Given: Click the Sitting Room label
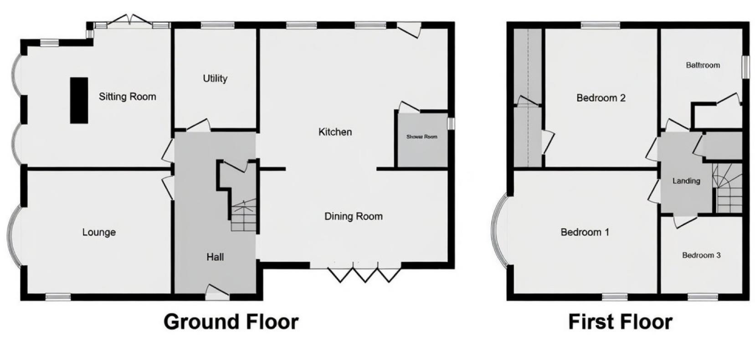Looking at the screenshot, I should point(127,97).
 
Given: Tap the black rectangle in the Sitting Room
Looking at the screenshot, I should point(79,100).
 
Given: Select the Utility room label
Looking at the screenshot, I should point(215,78).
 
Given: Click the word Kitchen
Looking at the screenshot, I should point(335,132).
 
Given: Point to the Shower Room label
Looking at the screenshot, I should point(421,137).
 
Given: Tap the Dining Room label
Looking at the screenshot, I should point(353,216).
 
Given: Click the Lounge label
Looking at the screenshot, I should point(99,232).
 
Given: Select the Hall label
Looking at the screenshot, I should point(215,257).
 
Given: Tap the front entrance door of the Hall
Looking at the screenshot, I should point(217,293).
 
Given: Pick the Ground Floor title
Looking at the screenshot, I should point(231,322).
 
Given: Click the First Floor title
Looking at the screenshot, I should point(620,322).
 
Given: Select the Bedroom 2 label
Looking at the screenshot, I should point(601,98).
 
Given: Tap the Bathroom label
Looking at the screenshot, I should point(703,65).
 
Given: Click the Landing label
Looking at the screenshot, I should point(686,181).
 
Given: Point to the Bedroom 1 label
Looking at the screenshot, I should point(585,232).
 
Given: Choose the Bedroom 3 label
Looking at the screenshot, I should point(701,255).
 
